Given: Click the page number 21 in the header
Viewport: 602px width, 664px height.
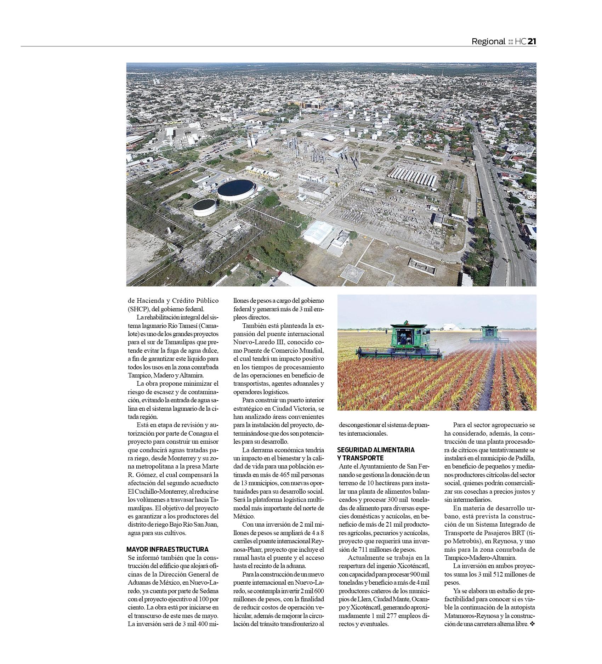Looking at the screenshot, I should [x=532, y=41].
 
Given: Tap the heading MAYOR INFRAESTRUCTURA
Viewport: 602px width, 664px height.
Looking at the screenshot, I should [x=167, y=549].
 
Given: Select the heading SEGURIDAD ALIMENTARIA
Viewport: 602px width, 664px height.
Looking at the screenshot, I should [x=376, y=450].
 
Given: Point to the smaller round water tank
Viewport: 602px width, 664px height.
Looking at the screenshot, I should [x=204, y=207].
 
